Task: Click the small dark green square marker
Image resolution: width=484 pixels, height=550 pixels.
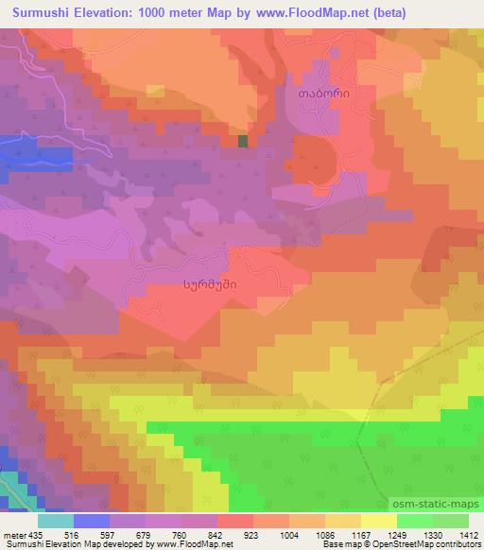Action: [244, 141]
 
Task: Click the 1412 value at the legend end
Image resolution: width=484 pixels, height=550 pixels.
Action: [467, 535]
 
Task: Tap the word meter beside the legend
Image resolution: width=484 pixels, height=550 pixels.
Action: [13, 535]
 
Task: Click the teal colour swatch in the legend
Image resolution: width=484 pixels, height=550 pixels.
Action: [56, 521]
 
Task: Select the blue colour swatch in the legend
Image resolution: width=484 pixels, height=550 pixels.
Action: [92, 521]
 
